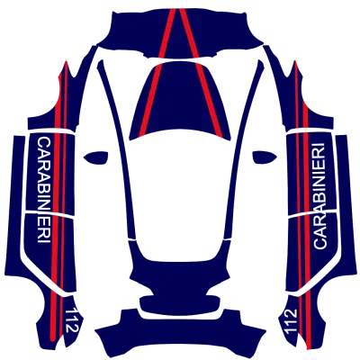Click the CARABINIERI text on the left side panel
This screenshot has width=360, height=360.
tap(44, 190)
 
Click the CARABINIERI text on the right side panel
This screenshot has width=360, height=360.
tap(319, 196)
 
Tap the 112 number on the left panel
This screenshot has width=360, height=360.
tap(72, 319)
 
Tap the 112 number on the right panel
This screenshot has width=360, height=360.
tap(291, 321)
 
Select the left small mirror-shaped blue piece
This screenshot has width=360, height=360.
tap(95, 157)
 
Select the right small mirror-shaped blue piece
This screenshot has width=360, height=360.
tap(265, 157)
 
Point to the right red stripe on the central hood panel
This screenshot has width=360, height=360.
tap(211, 101)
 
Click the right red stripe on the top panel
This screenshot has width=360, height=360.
tap(189, 33)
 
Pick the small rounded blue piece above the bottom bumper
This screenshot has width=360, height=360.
tap(180, 304)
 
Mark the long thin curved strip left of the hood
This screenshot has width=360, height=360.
tap(118, 150)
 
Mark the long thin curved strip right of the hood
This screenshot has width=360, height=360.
tap(242, 150)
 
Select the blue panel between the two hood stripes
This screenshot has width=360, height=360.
tap(180, 99)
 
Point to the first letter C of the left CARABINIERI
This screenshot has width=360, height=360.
tap(44, 141)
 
